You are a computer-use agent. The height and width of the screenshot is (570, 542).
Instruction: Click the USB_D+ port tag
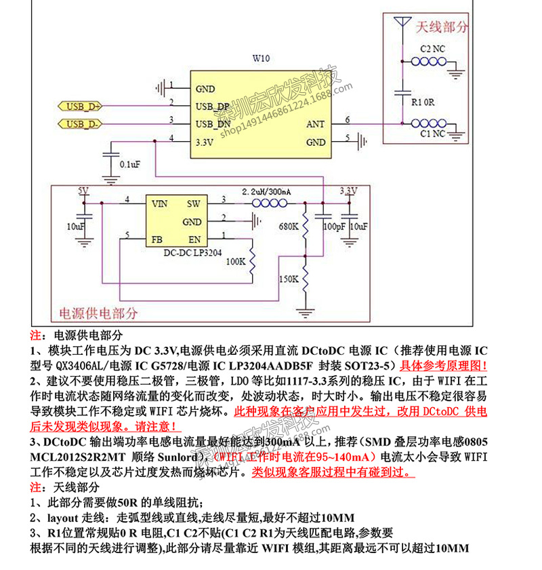click(x=82, y=106)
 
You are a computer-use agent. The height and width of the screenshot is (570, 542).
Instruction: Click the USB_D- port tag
click(x=82, y=123)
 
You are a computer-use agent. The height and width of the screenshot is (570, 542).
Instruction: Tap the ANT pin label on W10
click(x=316, y=124)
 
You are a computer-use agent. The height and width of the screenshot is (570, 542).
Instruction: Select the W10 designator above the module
click(x=261, y=58)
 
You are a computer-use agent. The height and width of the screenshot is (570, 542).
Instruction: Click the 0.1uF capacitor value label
click(x=130, y=165)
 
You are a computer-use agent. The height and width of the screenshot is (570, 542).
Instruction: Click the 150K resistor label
click(x=289, y=279)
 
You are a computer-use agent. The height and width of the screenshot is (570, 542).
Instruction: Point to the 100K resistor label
click(x=235, y=260)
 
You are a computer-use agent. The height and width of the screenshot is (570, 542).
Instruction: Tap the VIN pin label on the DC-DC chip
click(x=160, y=203)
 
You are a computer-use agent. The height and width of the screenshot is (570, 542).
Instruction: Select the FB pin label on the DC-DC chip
click(x=157, y=239)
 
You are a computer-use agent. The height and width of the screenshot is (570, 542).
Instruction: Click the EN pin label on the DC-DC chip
click(x=194, y=239)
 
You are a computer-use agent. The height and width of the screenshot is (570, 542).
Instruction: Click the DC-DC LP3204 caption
click(x=184, y=252)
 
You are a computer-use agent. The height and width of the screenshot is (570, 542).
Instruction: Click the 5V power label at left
click(x=83, y=191)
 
